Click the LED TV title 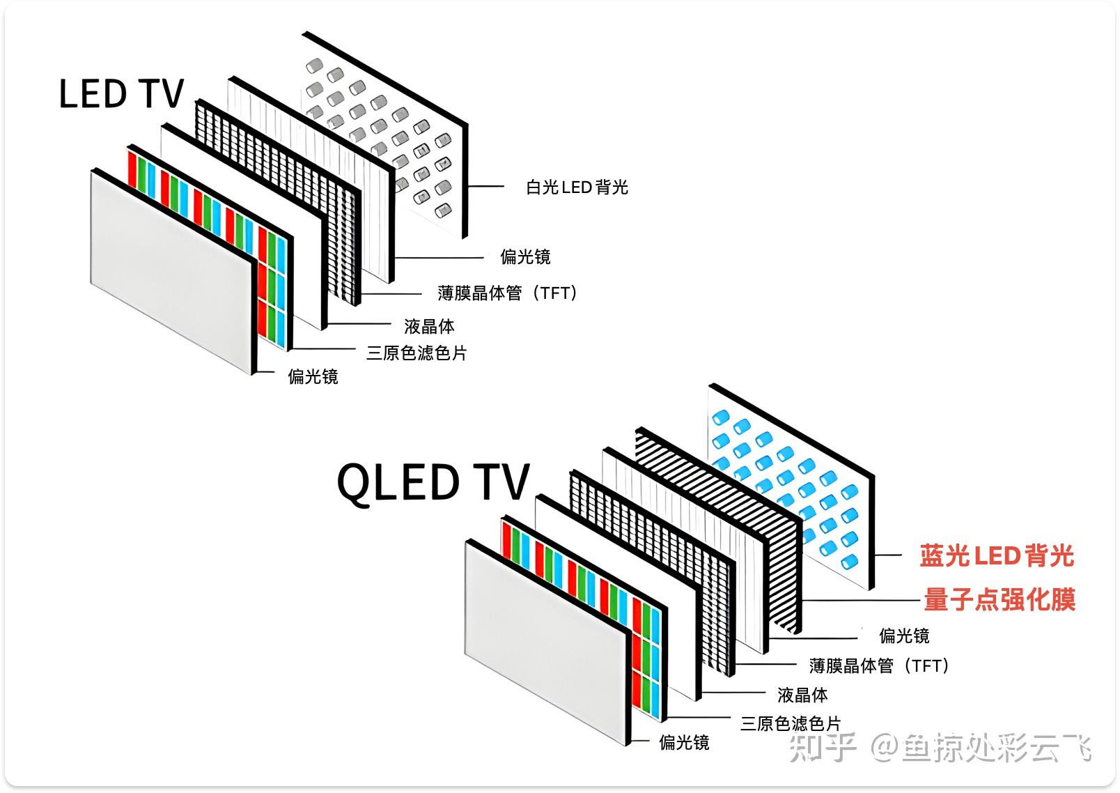(121, 94)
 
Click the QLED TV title (433, 482)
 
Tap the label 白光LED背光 (577, 187)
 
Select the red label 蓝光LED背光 (996, 556)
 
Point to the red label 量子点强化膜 (1000, 600)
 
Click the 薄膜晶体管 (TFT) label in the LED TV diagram (508, 293)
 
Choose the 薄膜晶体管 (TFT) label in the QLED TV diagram (879, 666)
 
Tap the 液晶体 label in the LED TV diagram (429, 326)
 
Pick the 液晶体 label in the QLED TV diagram (802, 695)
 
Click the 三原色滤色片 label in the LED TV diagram (417, 353)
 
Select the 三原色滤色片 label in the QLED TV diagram (791, 723)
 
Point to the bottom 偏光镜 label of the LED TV (313, 377)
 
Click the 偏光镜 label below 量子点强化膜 (904, 636)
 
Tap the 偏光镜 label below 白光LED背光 (525, 257)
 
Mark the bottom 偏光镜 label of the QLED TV (684, 743)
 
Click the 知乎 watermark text (822, 748)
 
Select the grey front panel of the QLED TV (547, 641)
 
